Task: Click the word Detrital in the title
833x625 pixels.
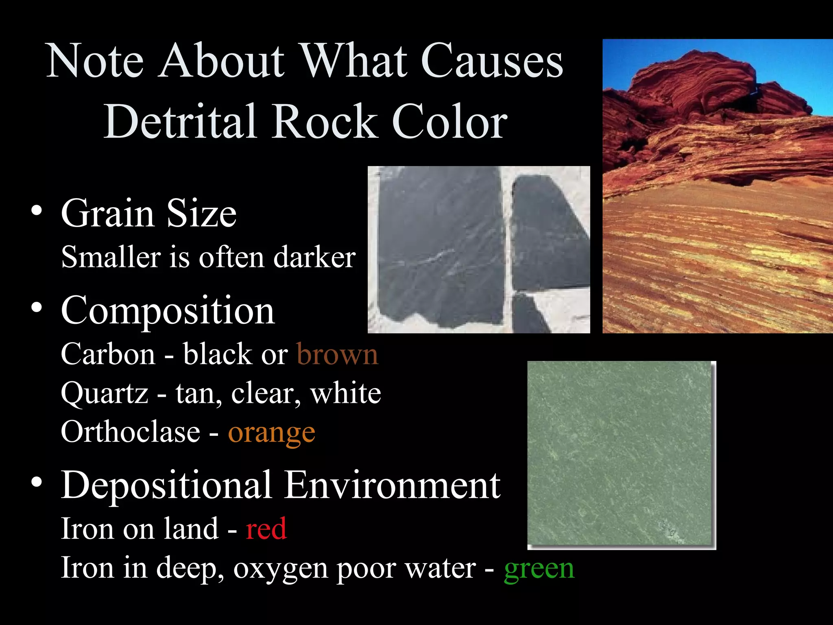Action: pyautogui.click(x=180, y=121)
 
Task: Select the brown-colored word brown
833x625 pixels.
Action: pyautogui.click(x=337, y=354)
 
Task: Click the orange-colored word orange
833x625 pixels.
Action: pyautogui.click(x=271, y=433)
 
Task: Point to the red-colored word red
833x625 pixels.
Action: pyautogui.click(x=266, y=529)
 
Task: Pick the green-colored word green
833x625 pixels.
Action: pyautogui.click(x=539, y=568)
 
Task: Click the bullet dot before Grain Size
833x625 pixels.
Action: pyautogui.click(x=37, y=211)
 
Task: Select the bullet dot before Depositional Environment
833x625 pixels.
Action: pyautogui.click(x=37, y=482)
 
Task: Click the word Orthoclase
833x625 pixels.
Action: pyautogui.click(x=130, y=432)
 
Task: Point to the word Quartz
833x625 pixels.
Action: pyautogui.click(x=105, y=393)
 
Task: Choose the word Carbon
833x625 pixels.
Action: pyautogui.click(x=108, y=354)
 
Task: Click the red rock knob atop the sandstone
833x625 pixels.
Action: pyautogui.click(x=691, y=81)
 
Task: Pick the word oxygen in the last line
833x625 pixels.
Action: pyautogui.click(x=280, y=568)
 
